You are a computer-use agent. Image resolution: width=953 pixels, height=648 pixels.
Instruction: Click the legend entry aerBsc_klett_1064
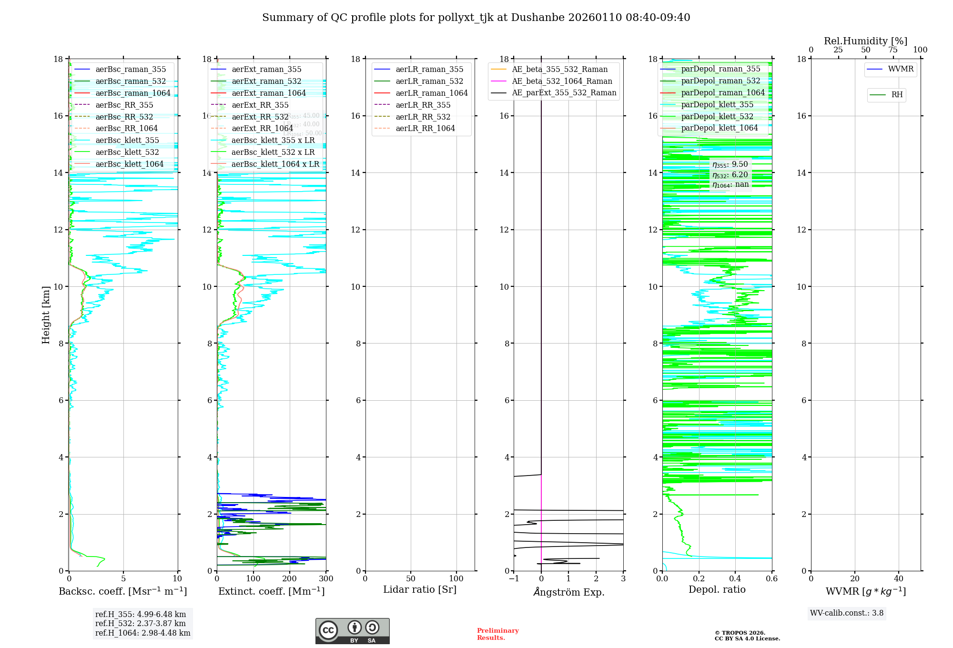pyautogui.click(x=129, y=164)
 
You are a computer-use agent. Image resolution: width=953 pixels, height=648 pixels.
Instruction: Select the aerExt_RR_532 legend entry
pyautogui.click(x=260, y=117)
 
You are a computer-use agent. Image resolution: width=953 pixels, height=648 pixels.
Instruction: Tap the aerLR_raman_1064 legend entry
pyautogui.click(x=431, y=93)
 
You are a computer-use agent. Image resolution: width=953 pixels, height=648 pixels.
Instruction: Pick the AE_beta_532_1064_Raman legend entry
pyautogui.click(x=562, y=81)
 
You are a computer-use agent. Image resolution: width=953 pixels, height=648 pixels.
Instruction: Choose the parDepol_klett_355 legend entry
pyautogui.click(x=717, y=104)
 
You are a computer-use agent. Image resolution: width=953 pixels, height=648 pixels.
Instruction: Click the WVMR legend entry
pyautogui.click(x=901, y=69)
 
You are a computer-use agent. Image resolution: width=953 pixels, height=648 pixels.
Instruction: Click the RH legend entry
pyautogui.click(x=897, y=95)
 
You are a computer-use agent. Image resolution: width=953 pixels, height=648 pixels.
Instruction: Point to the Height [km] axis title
pyautogui.click(x=46, y=314)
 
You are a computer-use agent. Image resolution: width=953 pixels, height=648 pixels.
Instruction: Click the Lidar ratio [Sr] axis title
pyautogui.click(x=420, y=589)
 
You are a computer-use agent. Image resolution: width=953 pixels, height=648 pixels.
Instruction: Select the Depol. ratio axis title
pyautogui.click(x=717, y=589)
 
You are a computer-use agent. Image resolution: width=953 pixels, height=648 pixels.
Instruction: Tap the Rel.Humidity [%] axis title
pyautogui.click(x=865, y=41)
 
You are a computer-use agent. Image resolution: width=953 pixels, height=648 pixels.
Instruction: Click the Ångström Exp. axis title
pyautogui.click(x=568, y=592)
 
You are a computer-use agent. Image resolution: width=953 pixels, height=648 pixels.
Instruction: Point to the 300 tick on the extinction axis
pyautogui.click(x=326, y=578)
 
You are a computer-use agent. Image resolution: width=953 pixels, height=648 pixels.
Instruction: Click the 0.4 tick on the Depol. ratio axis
pyautogui.click(x=735, y=578)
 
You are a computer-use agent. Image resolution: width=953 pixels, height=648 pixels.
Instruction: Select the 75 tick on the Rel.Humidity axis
pyautogui.click(x=893, y=50)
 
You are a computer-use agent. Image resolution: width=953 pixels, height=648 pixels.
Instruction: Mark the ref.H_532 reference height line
pyautogui.click(x=141, y=623)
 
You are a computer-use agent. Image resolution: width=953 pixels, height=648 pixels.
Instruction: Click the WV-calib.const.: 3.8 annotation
pyautogui.click(x=847, y=613)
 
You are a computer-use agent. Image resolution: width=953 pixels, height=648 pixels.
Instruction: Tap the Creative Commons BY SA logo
pyautogui.click(x=352, y=631)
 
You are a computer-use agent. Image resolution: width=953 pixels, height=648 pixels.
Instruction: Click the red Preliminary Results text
pyautogui.click(x=497, y=634)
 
